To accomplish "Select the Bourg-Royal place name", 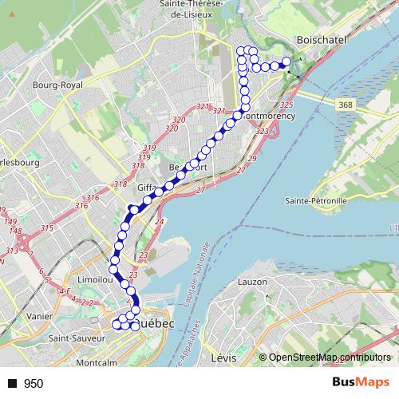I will pyautogui.click(x=53, y=83).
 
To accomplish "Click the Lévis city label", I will pyautogui.click(x=227, y=358).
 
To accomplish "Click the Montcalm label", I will pyautogui.click(x=96, y=363).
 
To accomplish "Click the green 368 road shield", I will pyautogui.click(x=345, y=105).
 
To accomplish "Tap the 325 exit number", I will pyautogui.click(x=287, y=105).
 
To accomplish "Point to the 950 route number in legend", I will pyautogui.click(x=34, y=384).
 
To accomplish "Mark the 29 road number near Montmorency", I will pyautogui.click(x=251, y=160).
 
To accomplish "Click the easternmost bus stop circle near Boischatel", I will pyautogui.click(x=286, y=62).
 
